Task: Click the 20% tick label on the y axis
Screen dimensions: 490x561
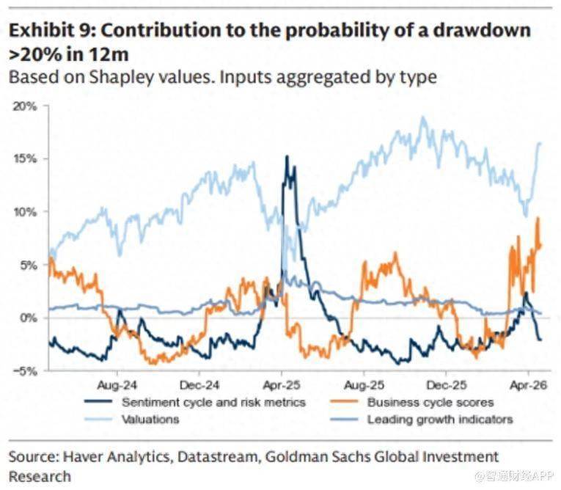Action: coord(25,106)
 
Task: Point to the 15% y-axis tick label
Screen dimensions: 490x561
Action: coord(25,158)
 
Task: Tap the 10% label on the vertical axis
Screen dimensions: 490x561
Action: coord(25,211)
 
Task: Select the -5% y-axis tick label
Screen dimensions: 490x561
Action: coord(25,370)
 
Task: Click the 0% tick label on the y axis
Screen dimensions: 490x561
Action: coord(28,318)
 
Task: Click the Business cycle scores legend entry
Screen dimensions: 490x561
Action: coord(430,402)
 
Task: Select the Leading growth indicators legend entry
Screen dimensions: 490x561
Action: coord(440,420)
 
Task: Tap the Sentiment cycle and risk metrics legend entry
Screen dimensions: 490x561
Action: coord(213,402)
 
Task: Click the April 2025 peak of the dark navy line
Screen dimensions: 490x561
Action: coord(287,156)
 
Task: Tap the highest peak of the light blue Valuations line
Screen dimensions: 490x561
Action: coord(422,117)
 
